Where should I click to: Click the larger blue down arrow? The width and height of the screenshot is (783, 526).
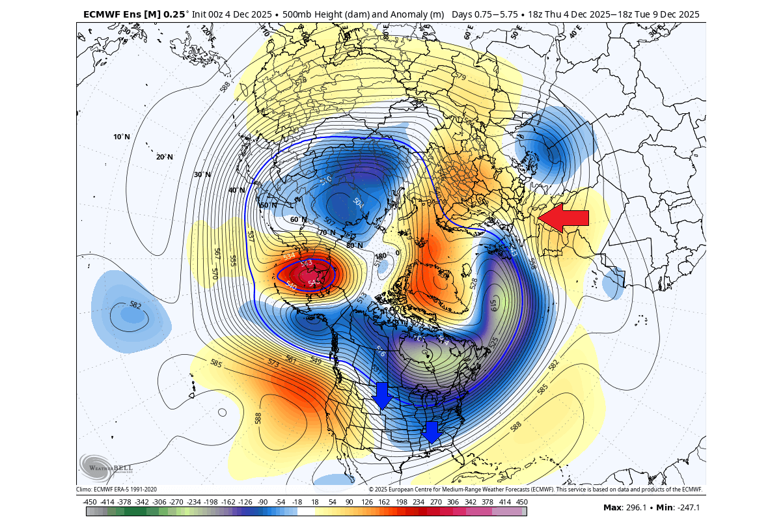381,395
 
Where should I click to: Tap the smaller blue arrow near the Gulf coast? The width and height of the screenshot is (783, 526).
430,432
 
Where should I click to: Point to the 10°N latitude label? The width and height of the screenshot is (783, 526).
122,137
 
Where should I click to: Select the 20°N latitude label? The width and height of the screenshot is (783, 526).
164,157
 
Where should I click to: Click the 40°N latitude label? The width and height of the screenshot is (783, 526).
236,190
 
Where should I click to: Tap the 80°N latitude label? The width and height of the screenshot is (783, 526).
355,245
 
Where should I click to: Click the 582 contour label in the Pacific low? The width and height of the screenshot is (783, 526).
135,305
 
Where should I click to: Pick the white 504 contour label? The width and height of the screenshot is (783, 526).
358,202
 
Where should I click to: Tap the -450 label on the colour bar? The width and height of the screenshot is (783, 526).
90,501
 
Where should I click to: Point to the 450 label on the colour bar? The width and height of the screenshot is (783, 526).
521,501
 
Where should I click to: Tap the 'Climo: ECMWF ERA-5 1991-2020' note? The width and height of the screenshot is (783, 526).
117,489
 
